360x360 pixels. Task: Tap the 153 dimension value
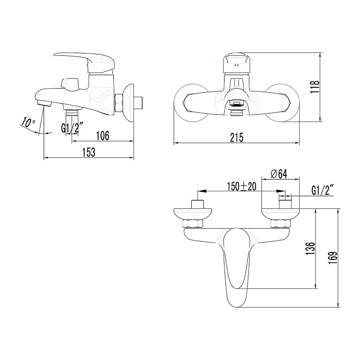(89, 152)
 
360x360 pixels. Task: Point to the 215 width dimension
(237, 138)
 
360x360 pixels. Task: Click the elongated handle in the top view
(237, 265)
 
